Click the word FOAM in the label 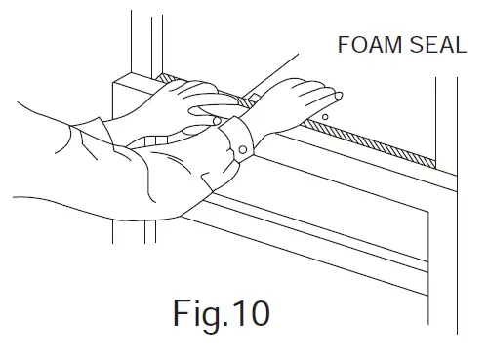pos(364,46)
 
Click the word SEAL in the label pos(431,46)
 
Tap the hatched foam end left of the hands pos(165,77)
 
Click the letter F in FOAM pos(343,46)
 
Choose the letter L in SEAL pos(459,46)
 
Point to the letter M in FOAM pos(386,46)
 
